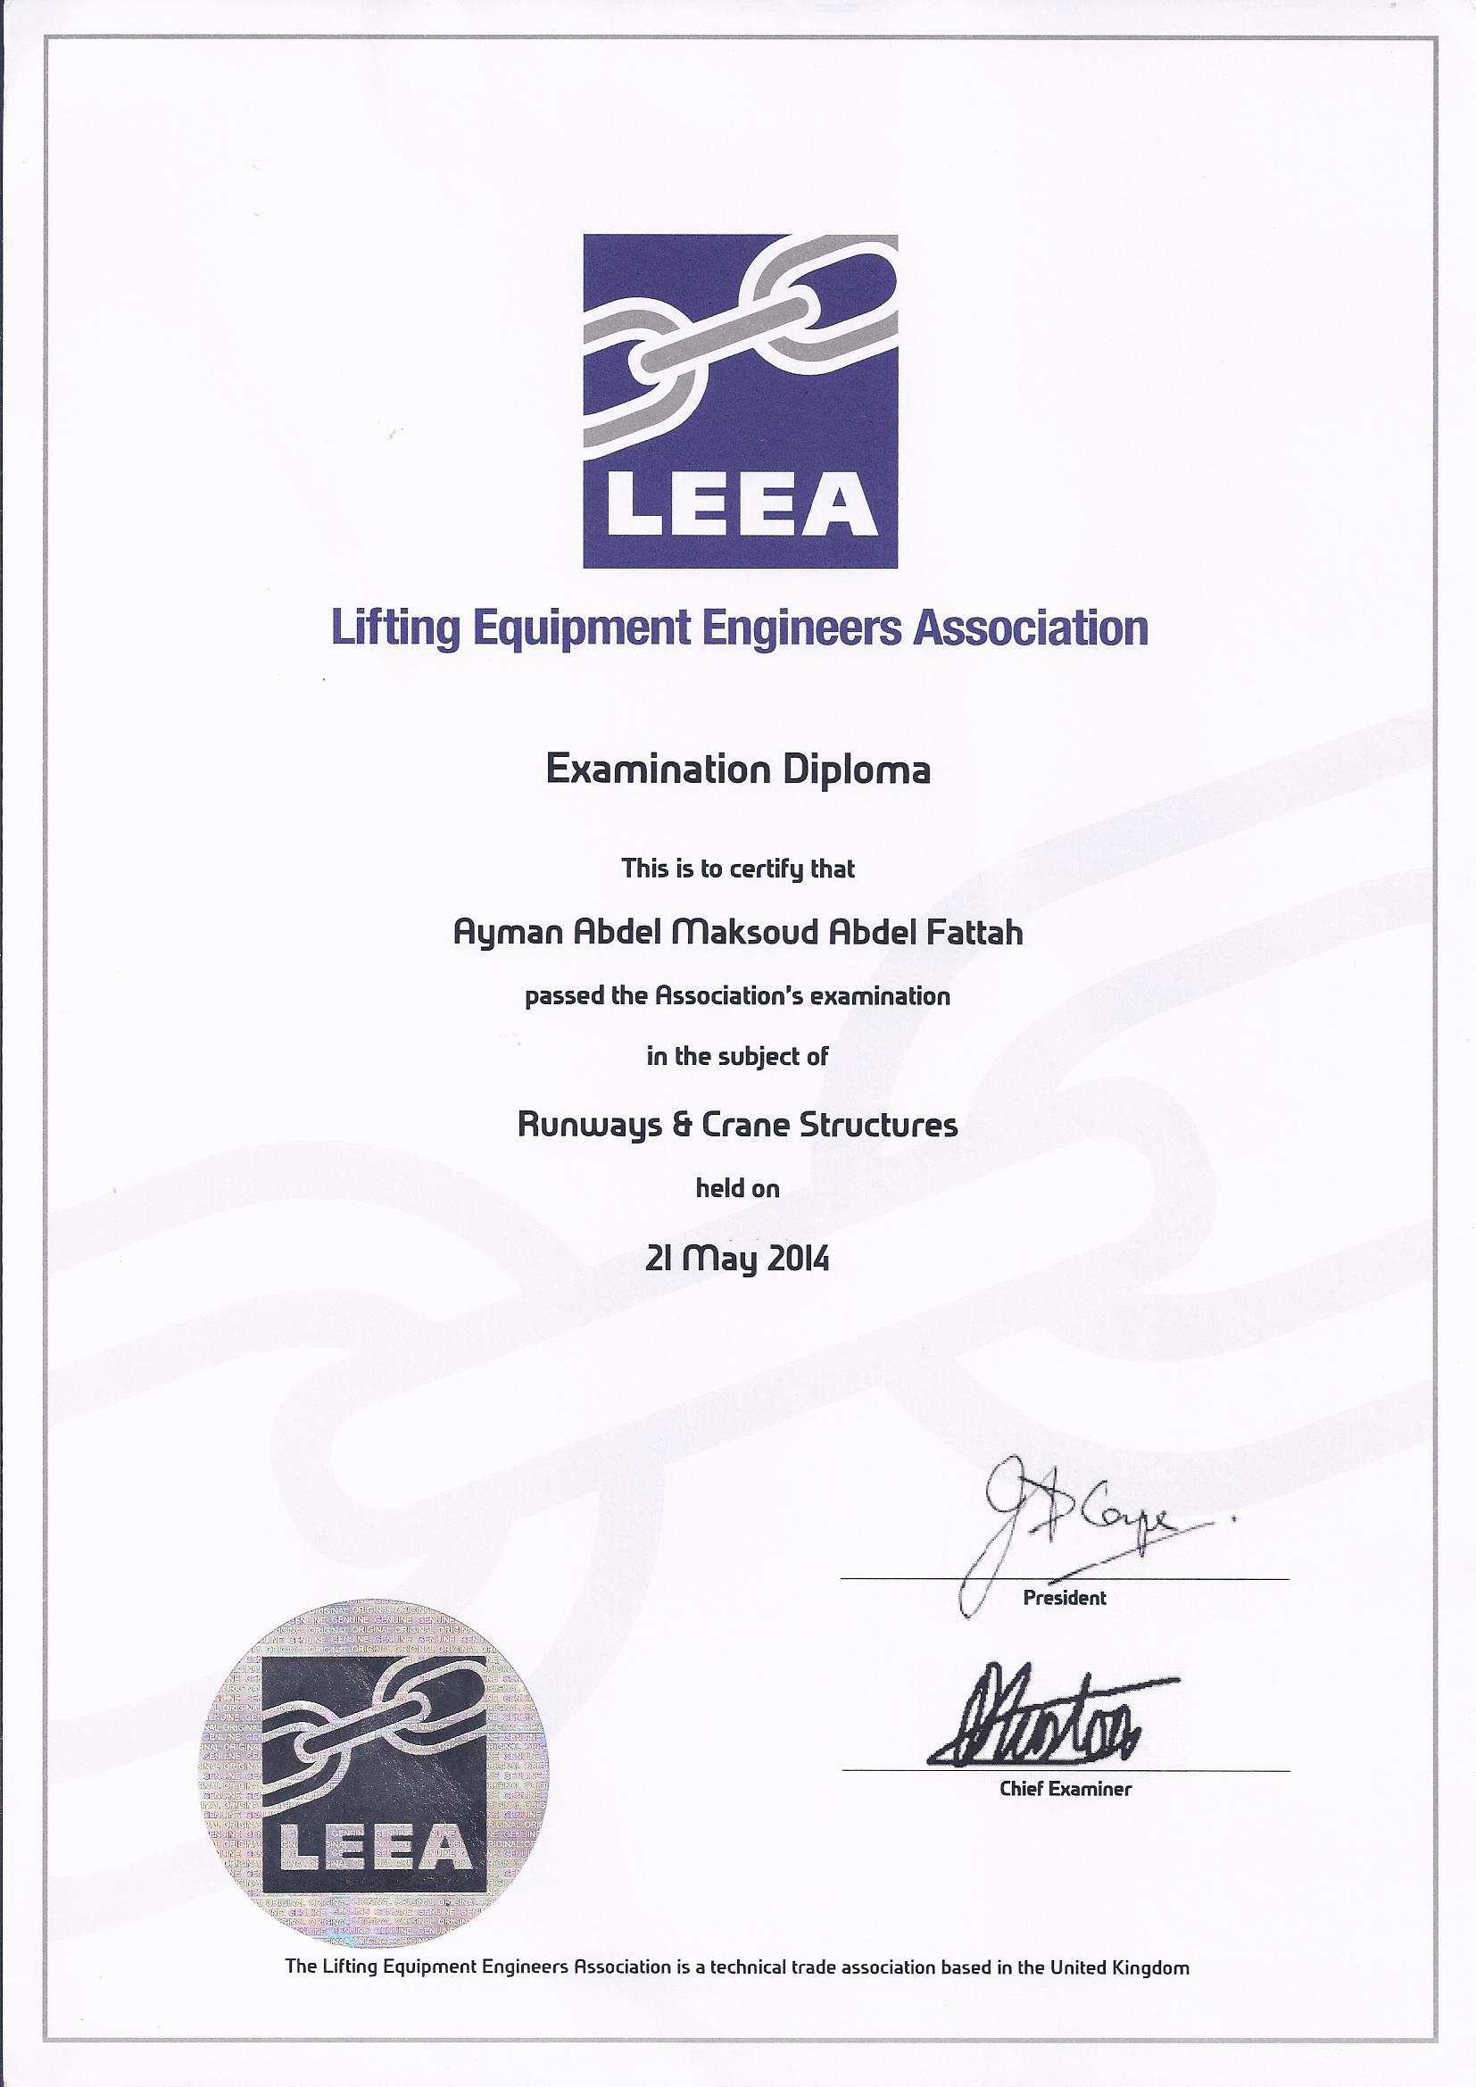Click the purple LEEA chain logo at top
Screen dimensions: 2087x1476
(740, 401)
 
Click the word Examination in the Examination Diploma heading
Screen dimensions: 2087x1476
(647, 771)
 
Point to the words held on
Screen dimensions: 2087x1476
(737, 1188)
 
